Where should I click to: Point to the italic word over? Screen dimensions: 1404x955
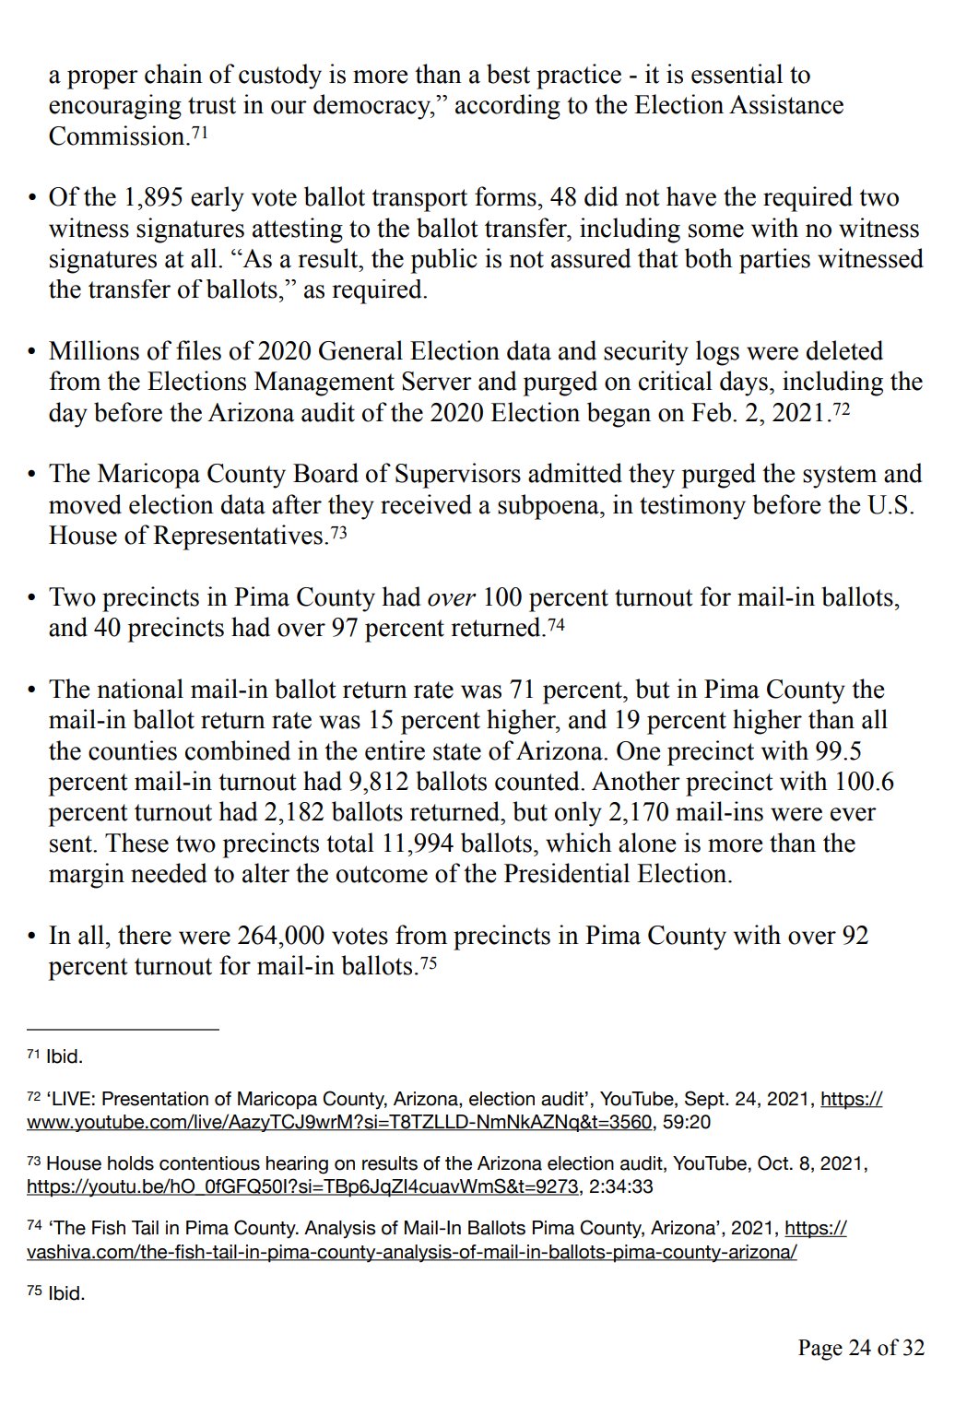pyautogui.click(x=452, y=597)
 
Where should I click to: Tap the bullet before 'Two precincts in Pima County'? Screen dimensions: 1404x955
pyautogui.click(x=32, y=598)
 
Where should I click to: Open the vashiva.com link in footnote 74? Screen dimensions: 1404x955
pyautogui.click(x=412, y=1252)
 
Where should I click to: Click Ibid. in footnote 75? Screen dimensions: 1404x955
pyautogui.click(x=65, y=1293)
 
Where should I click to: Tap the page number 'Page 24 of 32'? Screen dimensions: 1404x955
pyautogui.click(x=860, y=1348)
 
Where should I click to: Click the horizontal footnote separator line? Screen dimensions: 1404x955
pyautogui.click(x=123, y=1029)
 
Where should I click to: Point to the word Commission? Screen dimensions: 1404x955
pyautogui.click(x=118, y=136)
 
